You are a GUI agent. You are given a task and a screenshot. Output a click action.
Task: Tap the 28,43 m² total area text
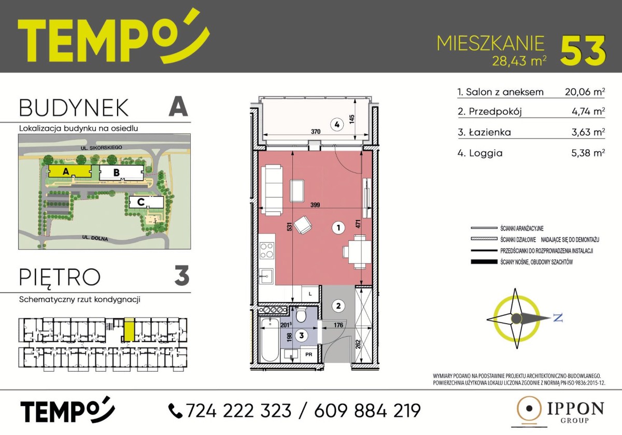[x=519, y=61]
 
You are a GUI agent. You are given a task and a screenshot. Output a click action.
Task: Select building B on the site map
[x=121, y=172]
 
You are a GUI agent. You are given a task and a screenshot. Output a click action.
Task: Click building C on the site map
[x=146, y=202]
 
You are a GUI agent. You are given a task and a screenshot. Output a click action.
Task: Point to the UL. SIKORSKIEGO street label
[x=102, y=148]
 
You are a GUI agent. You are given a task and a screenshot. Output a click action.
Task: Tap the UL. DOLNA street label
[x=95, y=238]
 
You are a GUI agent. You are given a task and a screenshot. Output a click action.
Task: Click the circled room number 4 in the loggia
[x=337, y=125]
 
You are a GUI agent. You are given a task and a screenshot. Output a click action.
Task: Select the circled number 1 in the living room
[x=338, y=228]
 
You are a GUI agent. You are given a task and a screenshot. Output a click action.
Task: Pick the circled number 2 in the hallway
[x=338, y=306]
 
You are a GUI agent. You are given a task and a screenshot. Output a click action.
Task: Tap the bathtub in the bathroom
[x=270, y=340]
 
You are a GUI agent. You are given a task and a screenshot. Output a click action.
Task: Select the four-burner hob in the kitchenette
[x=267, y=251]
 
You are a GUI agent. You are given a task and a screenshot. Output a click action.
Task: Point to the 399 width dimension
[x=315, y=205]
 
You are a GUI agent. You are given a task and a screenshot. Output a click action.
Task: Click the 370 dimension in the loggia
[x=316, y=132]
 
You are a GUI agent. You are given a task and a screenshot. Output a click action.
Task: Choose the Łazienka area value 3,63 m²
[x=588, y=132]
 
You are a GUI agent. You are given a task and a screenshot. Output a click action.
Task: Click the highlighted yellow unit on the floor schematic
[x=129, y=329]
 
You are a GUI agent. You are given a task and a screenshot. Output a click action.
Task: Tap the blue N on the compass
[x=558, y=318]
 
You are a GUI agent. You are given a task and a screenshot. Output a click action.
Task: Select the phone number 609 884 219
[x=367, y=411]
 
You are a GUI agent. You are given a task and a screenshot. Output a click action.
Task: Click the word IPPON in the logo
[x=575, y=409]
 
